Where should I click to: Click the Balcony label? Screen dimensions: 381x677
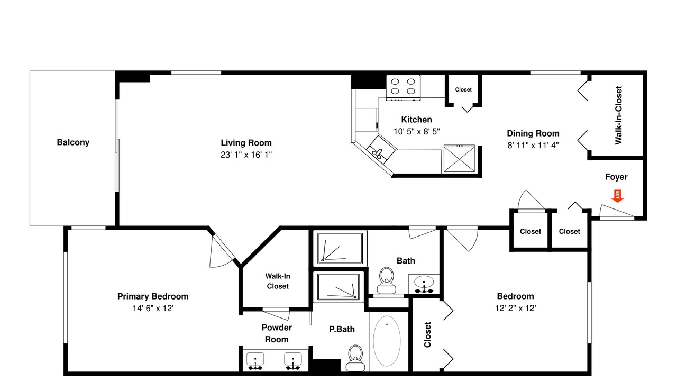(73, 142)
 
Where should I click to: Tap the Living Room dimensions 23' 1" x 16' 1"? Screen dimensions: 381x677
(246, 155)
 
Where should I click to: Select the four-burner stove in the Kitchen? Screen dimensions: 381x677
(403, 87)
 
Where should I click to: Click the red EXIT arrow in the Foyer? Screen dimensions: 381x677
(617, 196)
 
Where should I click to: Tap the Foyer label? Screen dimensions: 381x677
(616, 177)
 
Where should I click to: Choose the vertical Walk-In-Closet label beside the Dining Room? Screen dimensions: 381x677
(618, 115)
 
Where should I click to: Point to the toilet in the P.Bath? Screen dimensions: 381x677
(355, 357)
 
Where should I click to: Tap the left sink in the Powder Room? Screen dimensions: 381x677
(256, 360)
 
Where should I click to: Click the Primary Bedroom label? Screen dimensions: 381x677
(153, 296)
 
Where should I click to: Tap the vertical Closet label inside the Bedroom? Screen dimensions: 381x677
(427, 335)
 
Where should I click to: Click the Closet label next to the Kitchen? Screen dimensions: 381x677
(463, 90)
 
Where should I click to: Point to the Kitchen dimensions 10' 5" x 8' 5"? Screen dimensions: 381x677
(416, 131)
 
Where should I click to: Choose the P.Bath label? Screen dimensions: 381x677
(342, 329)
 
